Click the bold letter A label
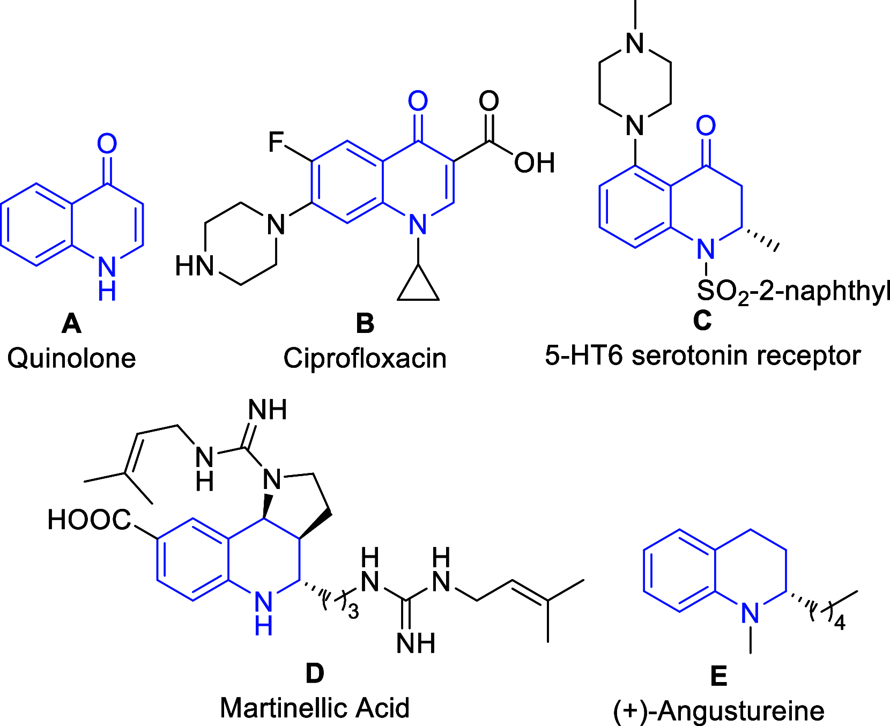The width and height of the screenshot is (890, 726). [71, 323]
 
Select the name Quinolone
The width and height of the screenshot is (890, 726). [71, 358]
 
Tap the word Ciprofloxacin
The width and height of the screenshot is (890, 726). [365, 358]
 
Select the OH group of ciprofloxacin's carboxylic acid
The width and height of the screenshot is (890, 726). [534, 162]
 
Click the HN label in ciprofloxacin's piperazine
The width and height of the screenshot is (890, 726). [195, 266]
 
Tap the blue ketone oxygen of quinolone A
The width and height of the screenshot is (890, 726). [107, 143]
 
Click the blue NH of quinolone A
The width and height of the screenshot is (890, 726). [107, 278]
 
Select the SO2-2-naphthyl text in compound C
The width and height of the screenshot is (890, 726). [793, 292]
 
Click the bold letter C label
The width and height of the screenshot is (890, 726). [702, 321]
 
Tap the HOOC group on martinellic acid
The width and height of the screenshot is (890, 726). [88, 520]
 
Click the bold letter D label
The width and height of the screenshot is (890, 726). [315, 673]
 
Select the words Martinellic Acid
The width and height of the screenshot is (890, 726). [315, 708]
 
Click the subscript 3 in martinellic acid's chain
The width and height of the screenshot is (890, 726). [353, 612]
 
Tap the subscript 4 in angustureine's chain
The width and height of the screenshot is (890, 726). [840, 623]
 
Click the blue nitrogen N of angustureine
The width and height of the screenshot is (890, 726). [750, 612]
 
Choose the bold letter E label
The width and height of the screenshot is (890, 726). [718, 676]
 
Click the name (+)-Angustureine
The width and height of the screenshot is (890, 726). [718, 711]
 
